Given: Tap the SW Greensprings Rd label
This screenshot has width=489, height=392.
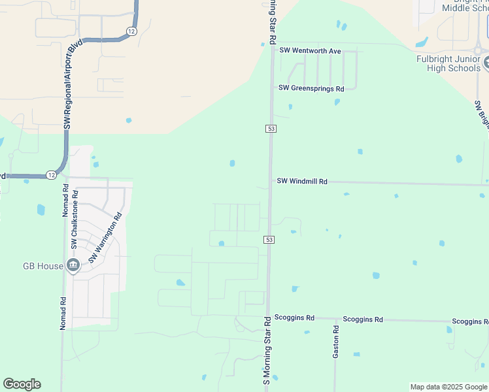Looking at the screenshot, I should [x=311, y=88].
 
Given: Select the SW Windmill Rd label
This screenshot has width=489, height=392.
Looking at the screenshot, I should [x=302, y=181].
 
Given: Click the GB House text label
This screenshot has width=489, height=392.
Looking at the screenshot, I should [x=43, y=266].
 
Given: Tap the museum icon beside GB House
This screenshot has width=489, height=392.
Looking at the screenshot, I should [x=73, y=265].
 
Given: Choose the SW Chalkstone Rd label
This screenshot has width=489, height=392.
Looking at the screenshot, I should [x=75, y=220].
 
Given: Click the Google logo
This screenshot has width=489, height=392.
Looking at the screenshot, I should [x=22, y=384].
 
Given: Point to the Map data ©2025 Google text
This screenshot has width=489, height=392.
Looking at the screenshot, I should [x=448, y=387].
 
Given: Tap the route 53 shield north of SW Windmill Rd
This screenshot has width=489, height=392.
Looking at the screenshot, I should [x=270, y=129].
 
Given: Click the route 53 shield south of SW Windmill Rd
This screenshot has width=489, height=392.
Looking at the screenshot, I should [x=269, y=240].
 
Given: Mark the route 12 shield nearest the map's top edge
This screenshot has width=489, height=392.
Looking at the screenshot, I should [x=132, y=31].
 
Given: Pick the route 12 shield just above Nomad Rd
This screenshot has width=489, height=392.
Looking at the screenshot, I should [x=52, y=174].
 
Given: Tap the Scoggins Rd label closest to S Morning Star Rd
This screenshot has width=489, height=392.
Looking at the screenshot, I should [x=294, y=318].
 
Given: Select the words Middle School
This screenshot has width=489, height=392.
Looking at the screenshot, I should [x=464, y=8].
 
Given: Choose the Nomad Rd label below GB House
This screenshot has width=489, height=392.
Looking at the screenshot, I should [x=63, y=314].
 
